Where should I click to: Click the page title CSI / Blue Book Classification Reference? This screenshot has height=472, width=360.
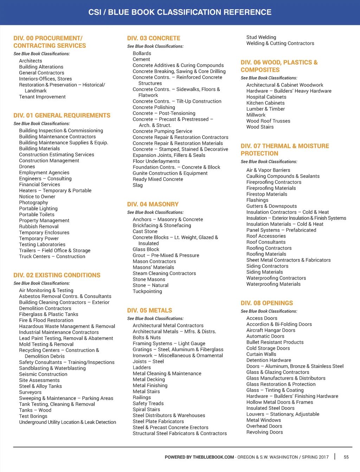180,12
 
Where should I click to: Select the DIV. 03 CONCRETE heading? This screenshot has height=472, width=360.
154,38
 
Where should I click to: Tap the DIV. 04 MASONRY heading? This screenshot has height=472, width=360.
153,204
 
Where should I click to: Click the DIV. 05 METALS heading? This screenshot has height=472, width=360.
149,310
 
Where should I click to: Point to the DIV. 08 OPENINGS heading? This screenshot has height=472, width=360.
266,303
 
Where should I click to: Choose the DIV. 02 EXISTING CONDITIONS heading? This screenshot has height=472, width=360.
57,275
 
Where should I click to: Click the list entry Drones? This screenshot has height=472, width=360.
27,167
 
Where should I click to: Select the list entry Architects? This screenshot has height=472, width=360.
31,61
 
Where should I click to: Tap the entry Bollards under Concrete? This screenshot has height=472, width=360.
142,54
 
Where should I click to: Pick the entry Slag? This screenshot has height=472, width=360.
137,185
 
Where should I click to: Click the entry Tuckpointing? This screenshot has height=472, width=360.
147,291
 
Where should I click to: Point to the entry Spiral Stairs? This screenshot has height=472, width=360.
146,409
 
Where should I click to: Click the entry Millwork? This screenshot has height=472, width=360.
256,115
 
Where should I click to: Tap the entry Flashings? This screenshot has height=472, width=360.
257,200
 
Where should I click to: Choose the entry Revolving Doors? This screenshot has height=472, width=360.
264,432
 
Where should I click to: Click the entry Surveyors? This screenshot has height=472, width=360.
30,392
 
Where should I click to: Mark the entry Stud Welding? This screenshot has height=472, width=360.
261,37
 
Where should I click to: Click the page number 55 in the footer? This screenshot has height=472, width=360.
346,457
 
